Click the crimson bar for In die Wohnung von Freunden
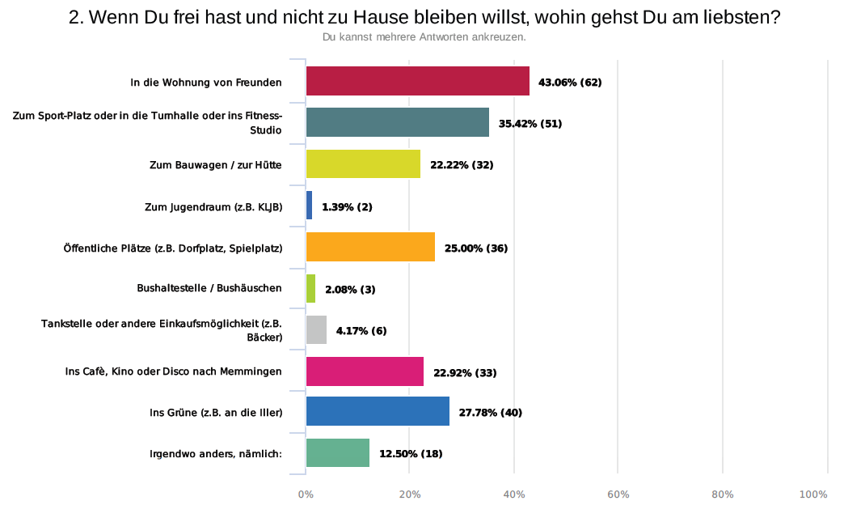(417, 82)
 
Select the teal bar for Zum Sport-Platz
(397, 123)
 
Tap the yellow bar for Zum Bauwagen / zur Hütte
(363, 164)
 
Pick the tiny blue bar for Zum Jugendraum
(309, 206)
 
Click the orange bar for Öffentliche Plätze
(370, 247)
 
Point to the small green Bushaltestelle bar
(310, 288)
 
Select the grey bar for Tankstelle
(316, 329)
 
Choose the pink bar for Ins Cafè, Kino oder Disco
(365, 371)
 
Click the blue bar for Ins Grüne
(378, 412)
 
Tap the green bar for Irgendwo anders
(338, 453)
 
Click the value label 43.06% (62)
(571, 83)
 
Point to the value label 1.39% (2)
(347, 206)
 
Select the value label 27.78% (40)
(490, 413)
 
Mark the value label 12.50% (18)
(411, 454)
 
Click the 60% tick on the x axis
(618, 494)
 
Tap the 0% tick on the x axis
(306, 494)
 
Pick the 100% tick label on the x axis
(813, 494)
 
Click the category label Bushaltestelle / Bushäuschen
(210, 289)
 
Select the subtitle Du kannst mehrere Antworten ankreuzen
(424, 37)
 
